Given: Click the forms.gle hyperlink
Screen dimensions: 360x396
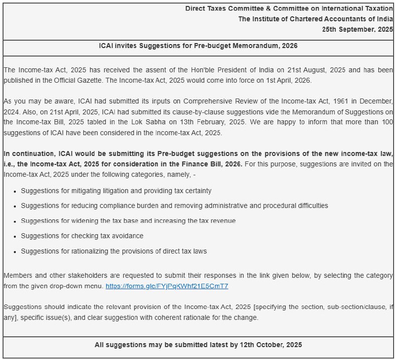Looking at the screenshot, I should (167, 286).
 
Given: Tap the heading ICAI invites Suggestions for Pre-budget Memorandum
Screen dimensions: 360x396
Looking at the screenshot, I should (198, 46).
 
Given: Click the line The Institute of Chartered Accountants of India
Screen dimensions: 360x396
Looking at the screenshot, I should (315, 19).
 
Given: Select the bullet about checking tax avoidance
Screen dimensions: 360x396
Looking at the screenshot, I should (82, 236).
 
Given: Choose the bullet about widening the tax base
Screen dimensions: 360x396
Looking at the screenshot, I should (128, 221).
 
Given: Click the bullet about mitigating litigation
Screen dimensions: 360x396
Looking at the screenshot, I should (116, 191).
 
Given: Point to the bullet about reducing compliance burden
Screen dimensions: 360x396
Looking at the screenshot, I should (174, 206).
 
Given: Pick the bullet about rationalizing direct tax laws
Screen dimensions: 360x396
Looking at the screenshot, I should (114, 251).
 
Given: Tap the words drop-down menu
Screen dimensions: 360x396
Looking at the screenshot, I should (78, 286).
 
